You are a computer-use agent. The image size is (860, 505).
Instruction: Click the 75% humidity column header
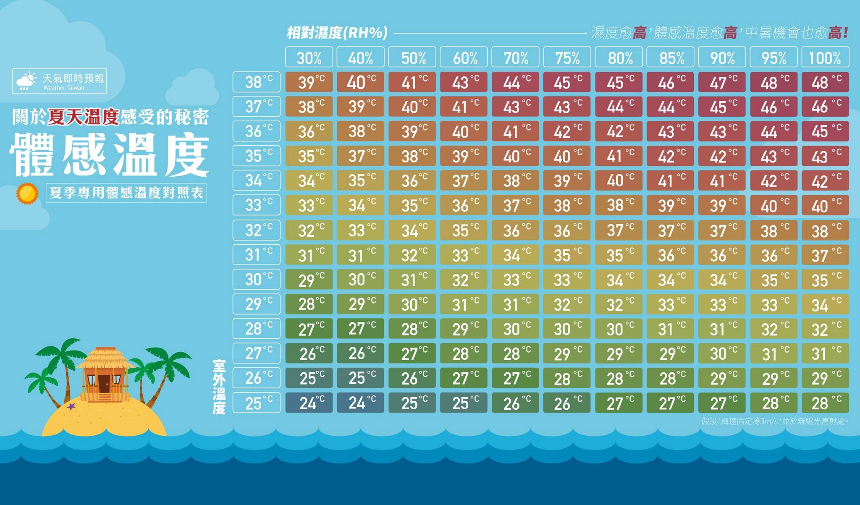coord(567,57)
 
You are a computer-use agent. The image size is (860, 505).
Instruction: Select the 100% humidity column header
coord(825,57)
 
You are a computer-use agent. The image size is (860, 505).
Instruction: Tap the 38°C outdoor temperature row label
coord(257,82)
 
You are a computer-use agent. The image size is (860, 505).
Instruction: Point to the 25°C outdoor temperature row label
coord(257,403)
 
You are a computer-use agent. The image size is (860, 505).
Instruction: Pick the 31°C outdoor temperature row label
coord(257,255)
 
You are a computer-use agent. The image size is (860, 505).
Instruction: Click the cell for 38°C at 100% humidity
coord(825,82)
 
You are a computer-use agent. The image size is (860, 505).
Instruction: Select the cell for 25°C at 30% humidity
coord(309,403)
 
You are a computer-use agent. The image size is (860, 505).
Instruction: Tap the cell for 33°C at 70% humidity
coord(515,205)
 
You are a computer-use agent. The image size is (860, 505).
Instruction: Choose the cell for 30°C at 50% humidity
coord(412,280)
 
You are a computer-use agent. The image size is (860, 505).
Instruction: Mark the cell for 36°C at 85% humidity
coord(670,131)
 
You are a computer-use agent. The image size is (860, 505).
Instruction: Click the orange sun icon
coord(27,194)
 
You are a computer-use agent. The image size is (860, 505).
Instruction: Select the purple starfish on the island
coord(71,406)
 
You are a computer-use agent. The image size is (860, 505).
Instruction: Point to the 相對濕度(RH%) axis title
coord(337,32)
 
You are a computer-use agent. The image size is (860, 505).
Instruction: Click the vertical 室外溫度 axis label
coord(219,387)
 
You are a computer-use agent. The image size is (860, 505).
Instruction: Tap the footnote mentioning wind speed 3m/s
coord(775,421)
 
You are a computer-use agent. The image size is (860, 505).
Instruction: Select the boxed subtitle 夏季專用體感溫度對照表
coord(126,193)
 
